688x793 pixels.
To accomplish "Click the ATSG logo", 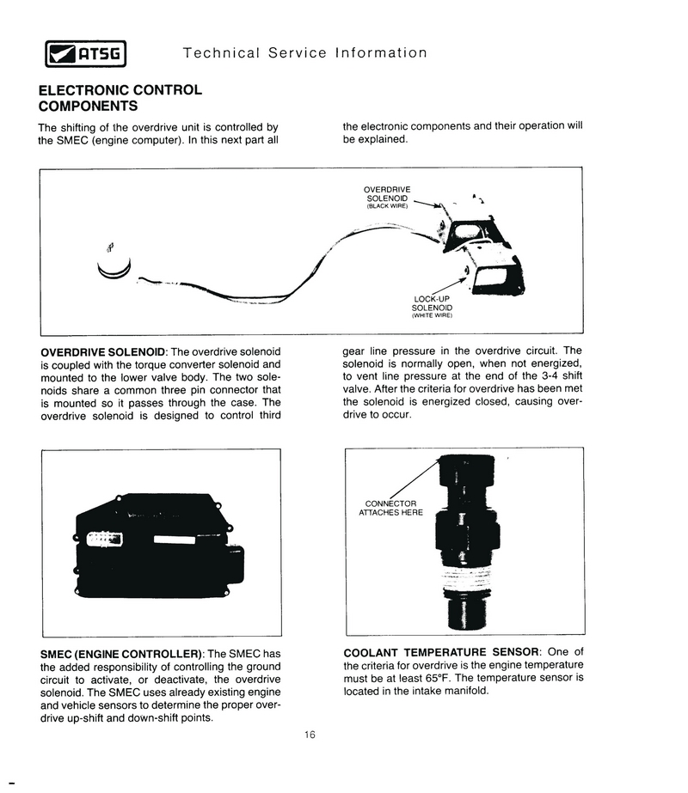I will [85, 55].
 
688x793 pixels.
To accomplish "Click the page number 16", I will [310, 735].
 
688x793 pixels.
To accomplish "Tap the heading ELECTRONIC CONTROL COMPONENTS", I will [120, 98].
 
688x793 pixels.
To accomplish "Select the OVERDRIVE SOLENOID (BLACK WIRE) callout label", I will [387, 197].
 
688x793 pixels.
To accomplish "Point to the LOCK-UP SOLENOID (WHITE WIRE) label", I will [432, 307].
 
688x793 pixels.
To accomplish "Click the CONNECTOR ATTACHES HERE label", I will [390, 508].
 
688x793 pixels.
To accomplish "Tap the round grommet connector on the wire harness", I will [114, 262].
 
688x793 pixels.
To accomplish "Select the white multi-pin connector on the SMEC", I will [106, 540].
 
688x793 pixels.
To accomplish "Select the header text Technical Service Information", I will [304, 53].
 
